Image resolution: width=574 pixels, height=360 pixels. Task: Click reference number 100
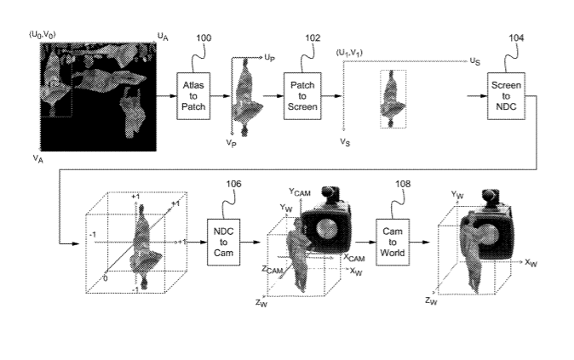(205, 38)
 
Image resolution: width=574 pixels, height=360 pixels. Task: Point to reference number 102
(313, 38)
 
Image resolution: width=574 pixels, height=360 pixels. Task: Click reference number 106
(236, 184)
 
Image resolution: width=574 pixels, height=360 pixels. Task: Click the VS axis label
(345, 141)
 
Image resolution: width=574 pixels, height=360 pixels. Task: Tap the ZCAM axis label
(273, 270)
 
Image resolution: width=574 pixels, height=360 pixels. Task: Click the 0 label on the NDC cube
(106, 277)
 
